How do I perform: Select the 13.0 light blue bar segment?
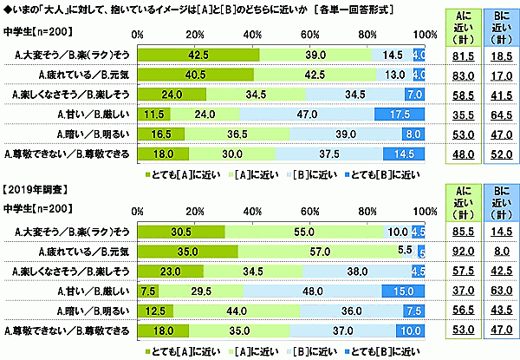[393, 75]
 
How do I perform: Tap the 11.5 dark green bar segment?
[154, 114]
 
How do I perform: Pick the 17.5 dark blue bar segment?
[399, 114]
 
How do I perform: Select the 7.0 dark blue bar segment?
[413, 95]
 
